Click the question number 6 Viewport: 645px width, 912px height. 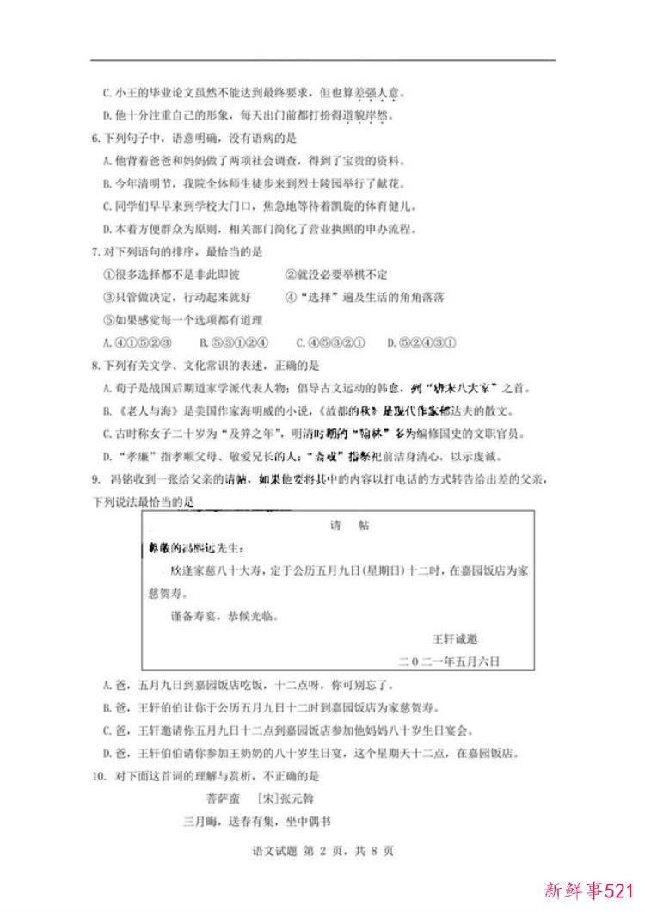(x=95, y=138)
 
